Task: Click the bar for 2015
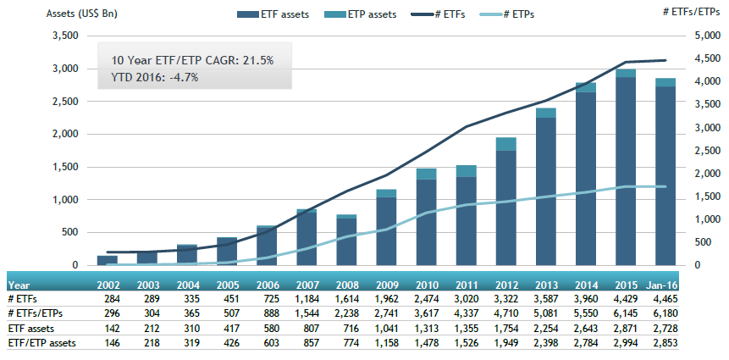click(x=626, y=169)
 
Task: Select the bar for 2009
click(x=387, y=229)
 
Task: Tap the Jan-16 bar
click(x=665, y=174)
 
